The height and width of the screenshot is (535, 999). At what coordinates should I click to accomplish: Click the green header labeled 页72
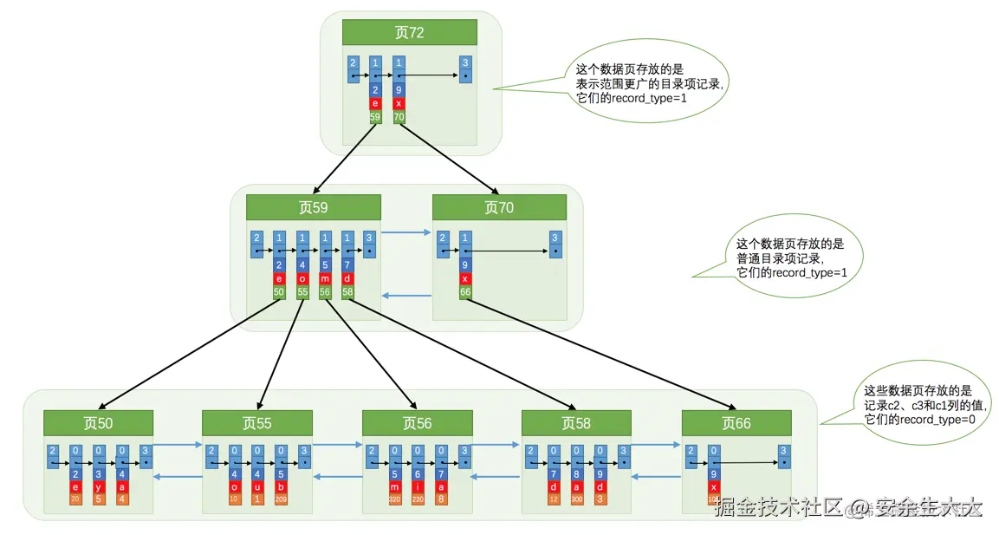(409, 32)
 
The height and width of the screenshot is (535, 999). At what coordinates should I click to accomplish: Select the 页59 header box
(313, 207)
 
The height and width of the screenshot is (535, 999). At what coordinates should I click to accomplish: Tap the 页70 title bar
(498, 207)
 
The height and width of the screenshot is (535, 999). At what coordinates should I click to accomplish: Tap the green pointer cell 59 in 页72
(375, 115)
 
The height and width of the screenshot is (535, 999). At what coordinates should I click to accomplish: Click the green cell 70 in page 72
(399, 115)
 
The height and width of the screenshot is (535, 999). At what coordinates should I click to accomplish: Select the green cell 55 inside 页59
(302, 293)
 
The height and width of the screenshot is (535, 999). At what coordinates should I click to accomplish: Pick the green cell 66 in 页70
(465, 293)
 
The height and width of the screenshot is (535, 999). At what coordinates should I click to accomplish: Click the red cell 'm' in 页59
(325, 279)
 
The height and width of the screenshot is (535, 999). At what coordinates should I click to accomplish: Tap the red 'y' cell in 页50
(99, 486)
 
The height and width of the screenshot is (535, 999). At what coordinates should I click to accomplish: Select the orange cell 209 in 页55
(281, 499)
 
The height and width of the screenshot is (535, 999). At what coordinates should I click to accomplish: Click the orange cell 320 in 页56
(394, 499)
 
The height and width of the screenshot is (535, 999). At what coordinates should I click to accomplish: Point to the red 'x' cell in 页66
(713, 486)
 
